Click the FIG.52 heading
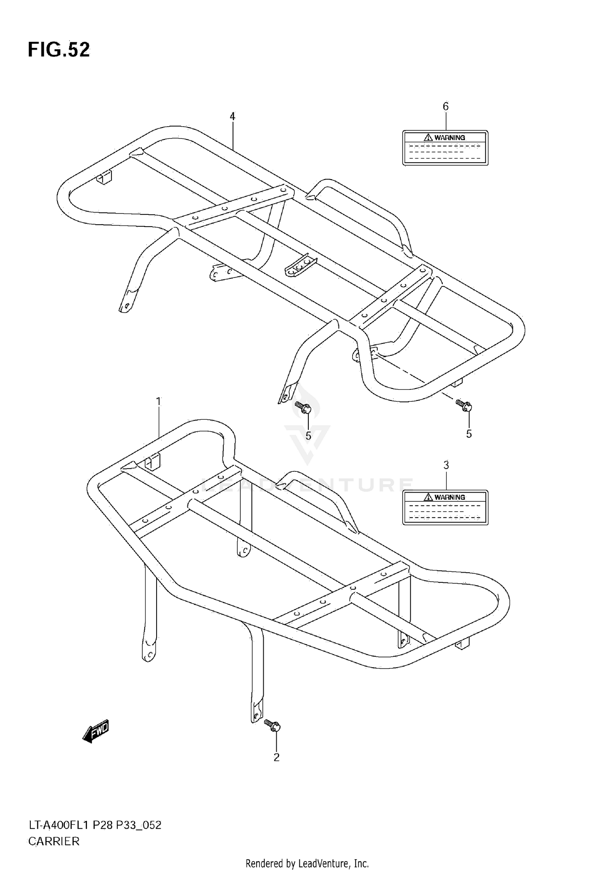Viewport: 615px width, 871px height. pyautogui.click(x=59, y=50)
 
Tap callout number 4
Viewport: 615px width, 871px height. pyautogui.click(x=232, y=117)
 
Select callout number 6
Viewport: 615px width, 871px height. pyautogui.click(x=446, y=107)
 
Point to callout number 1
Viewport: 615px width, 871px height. pyautogui.click(x=159, y=402)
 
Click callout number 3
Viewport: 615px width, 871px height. pyautogui.click(x=446, y=465)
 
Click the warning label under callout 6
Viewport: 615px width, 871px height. pyautogui.click(x=445, y=148)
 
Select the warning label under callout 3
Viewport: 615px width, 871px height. pyautogui.click(x=445, y=507)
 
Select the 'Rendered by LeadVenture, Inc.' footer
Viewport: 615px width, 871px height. pyautogui.click(x=307, y=864)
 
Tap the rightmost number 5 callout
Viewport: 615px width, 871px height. pyautogui.click(x=469, y=434)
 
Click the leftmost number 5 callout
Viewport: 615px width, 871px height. pyautogui.click(x=308, y=436)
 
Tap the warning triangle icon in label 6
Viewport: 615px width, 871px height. pyautogui.click(x=428, y=137)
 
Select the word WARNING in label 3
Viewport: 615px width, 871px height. pyautogui.click(x=450, y=497)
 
